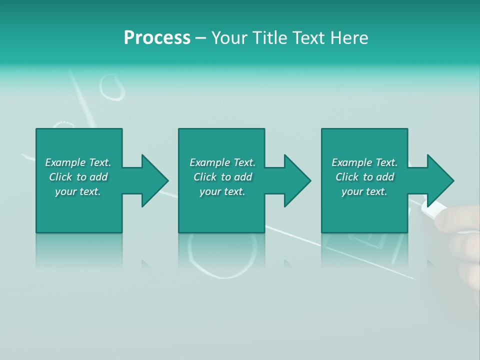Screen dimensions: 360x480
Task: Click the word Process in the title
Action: [157, 38]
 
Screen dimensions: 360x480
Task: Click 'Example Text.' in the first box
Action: [78, 162]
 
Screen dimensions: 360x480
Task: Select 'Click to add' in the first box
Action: [78, 177]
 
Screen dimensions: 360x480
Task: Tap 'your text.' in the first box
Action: [78, 191]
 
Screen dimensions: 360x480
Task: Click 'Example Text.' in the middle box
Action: [222, 162]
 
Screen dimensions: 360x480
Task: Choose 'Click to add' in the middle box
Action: [222, 177]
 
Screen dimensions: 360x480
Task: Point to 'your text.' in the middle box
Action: [222, 191]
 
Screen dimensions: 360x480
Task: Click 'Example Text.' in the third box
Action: [364, 162]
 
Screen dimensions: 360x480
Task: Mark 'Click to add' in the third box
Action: [364, 177]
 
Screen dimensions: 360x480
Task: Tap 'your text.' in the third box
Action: [364, 191]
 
